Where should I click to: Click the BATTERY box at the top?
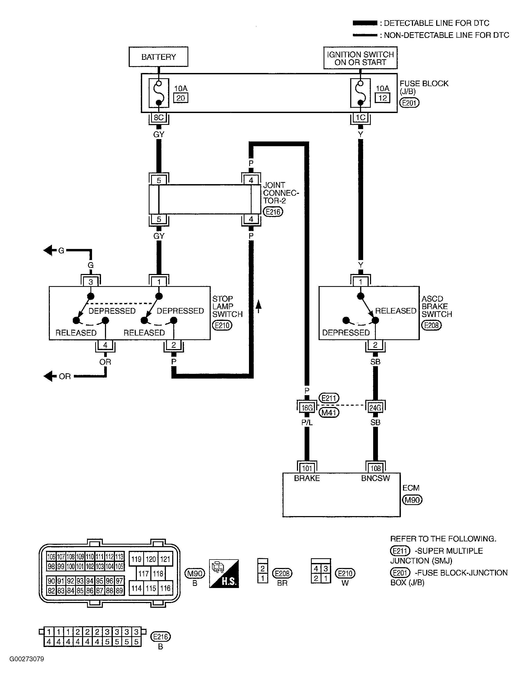(158, 57)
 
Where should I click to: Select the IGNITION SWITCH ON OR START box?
(360, 58)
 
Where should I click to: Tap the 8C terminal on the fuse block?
(158, 117)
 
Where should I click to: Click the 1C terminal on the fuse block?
(360, 117)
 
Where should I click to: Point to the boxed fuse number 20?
(181, 98)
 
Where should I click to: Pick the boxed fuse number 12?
(382, 98)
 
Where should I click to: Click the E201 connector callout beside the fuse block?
(409, 103)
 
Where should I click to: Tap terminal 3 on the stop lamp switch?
(90, 281)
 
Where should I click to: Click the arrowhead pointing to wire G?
(48, 250)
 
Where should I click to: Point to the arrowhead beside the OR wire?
(48, 376)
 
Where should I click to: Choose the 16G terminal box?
(307, 408)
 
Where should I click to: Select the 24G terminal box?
(375, 408)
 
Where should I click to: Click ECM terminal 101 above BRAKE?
(307, 468)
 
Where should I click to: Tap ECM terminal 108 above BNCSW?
(375, 468)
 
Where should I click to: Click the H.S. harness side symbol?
(224, 574)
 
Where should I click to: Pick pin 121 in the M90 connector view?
(165, 559)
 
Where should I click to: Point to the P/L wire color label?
(307, 422)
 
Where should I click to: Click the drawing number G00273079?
(27, 659)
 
